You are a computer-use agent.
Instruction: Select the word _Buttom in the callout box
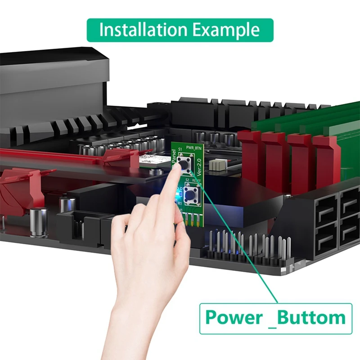(x=310, y=318)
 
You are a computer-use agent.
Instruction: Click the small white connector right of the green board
(x=217, y=165)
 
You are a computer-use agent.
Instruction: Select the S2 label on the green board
(x=187, y=181)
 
